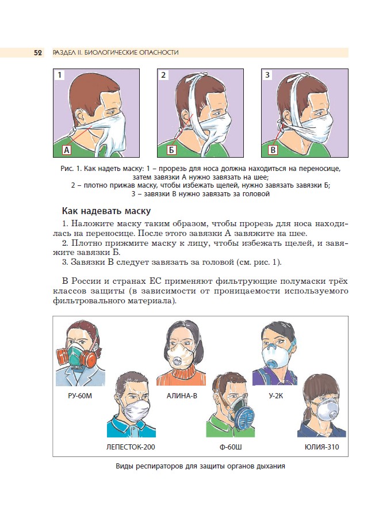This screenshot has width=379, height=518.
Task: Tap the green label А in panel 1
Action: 66,151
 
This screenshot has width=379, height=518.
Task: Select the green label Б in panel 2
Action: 171,151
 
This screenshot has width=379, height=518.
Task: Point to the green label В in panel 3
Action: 273,151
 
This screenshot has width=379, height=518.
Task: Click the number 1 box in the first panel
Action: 60,75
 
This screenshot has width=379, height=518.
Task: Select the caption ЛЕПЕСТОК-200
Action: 131,446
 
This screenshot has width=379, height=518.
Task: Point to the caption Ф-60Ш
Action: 230,446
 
